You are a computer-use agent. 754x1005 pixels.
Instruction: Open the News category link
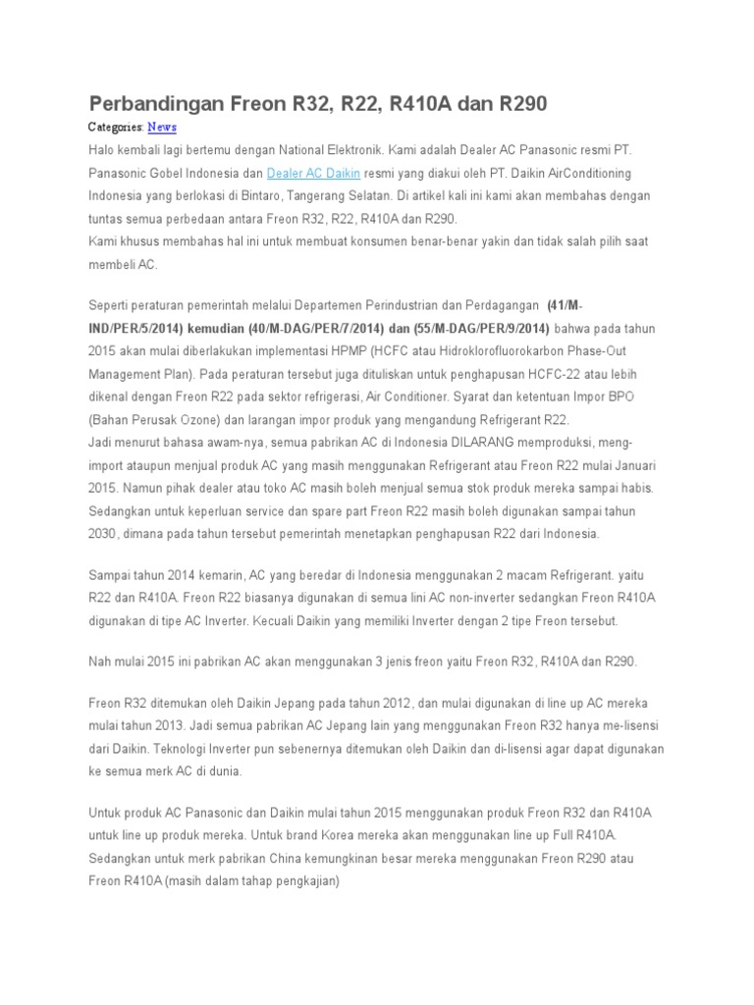coord(162,128)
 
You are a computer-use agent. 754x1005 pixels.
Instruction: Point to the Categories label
coord(116,128)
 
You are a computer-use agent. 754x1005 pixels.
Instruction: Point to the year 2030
coord(102,533)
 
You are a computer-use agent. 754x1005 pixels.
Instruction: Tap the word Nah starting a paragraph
coord(101,661)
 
